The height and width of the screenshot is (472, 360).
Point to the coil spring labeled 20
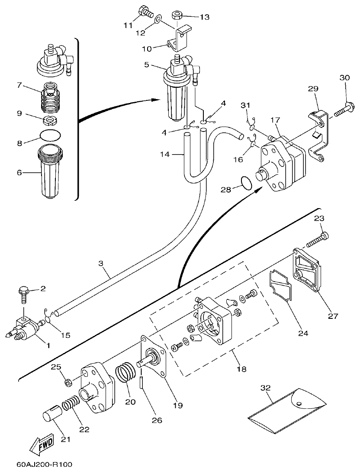coord(125,373)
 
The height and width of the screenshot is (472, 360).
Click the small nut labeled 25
coord(68,382)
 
